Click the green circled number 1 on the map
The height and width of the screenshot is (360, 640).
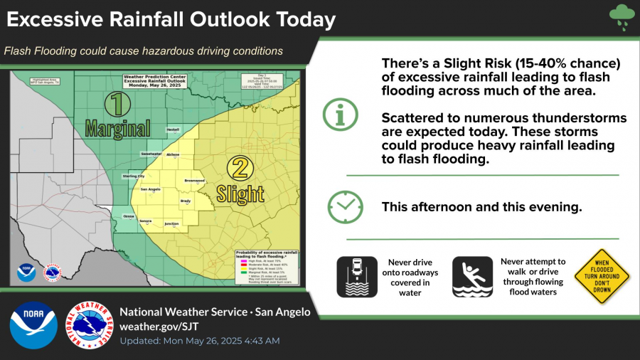tap(117, 105)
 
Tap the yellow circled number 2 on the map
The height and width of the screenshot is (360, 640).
tap(240, 168)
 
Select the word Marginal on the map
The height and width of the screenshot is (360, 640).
tap(118, 128)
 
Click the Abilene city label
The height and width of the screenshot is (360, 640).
tap(173, 154)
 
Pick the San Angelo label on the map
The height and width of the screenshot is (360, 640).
tap(151, 189)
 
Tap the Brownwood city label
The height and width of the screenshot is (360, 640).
tap(194, 181)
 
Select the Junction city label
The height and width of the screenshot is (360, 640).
tap(171, 223)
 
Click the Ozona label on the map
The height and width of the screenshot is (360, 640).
tap(129, 216)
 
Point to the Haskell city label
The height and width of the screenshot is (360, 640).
tap(173, 130)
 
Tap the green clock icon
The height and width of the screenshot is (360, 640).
tap(345, 207)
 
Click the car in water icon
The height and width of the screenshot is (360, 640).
tap(357, 277)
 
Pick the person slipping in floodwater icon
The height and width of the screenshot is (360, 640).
tap(472, 277)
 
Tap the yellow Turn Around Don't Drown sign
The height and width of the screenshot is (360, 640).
tap(602, 277)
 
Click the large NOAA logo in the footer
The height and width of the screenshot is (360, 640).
tap(33, 325)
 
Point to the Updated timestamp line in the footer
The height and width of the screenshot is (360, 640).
tap(199, 341)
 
